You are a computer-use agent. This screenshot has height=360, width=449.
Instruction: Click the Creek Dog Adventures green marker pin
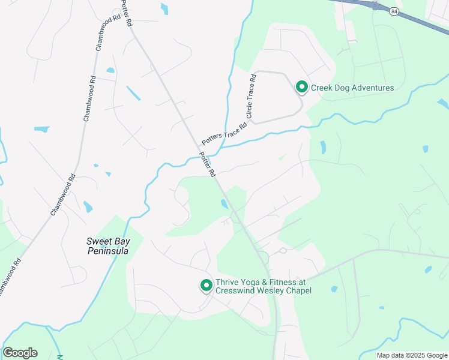tap(301, 88)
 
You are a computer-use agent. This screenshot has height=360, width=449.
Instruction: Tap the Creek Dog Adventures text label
tap(352, 88)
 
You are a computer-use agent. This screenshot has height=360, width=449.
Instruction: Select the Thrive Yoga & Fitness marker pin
tap(206, 286)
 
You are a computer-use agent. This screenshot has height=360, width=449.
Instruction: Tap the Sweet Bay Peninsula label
tap(107, 246)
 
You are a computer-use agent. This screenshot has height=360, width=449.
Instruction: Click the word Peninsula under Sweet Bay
tap(107, 251)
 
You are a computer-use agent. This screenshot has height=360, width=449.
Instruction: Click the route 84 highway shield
tap(393, 11)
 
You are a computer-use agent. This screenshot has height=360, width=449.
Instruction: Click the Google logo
tap(20, 353)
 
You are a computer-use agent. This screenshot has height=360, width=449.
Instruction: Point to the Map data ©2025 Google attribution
tap(412, 355)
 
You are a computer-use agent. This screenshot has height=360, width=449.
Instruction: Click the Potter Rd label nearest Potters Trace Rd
tap(208, 164)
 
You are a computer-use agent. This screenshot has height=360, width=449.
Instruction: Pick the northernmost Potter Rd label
tap(126, 13)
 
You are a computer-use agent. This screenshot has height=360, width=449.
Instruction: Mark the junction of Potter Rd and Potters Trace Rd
tap(200, 148)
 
